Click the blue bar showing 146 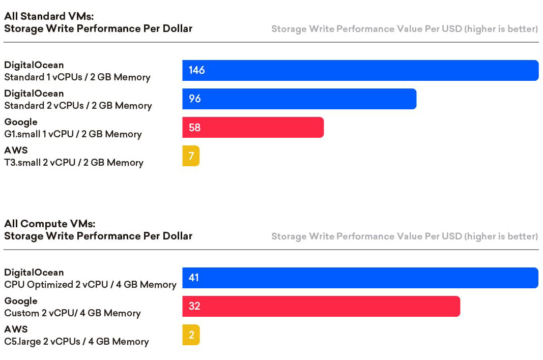(360, 71)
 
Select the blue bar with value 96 (299, 99)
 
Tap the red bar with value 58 (253, 128)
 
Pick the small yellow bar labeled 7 (191, 156)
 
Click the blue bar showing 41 (360, 278)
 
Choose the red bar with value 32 (321, 307)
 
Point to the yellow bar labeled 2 (191, 335)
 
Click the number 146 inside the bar (196, 71)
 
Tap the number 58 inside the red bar (194, 128)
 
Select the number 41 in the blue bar (193, 278)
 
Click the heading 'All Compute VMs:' (50, 224)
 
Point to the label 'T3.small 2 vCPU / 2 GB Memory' (74, 163)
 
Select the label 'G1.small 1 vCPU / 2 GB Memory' (73, 134)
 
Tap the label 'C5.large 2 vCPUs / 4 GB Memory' (76, 342)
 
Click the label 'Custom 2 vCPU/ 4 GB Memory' (72, 313)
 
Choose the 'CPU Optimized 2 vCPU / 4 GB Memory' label (90, 285)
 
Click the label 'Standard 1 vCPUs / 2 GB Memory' (77, 77)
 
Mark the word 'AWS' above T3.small (16, 151)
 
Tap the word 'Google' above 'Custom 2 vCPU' (21, 301)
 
